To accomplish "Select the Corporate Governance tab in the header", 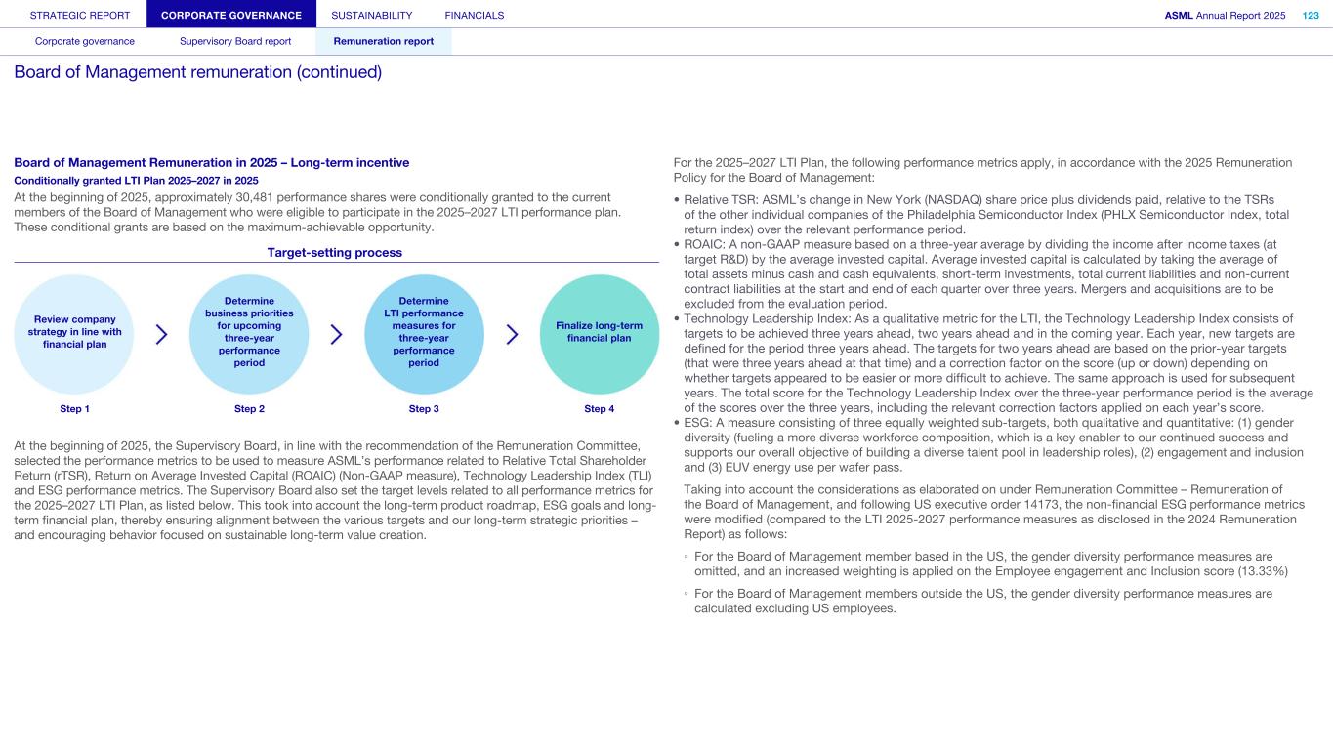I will (231, 15).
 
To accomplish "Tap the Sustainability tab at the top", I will (371, 15).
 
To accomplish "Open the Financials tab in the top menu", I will (474, 15).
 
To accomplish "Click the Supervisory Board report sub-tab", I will (235, 41).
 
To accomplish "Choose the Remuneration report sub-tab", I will (384, 41).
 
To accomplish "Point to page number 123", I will (1311, 15).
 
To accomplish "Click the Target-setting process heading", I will (335, 252).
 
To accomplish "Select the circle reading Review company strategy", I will (74, 332).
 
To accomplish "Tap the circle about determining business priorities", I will (249, 332).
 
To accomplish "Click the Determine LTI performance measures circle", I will (424, 332).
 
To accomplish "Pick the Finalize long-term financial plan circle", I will (599, 332).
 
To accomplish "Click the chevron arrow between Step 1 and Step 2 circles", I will (161, 335).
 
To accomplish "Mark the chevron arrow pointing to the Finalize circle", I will (512, 335).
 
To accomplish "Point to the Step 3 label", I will (424, 409).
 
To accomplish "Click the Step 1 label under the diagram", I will (74, 409).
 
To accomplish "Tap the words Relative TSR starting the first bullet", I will (720, 197).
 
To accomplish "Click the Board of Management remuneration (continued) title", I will (197, 72).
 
